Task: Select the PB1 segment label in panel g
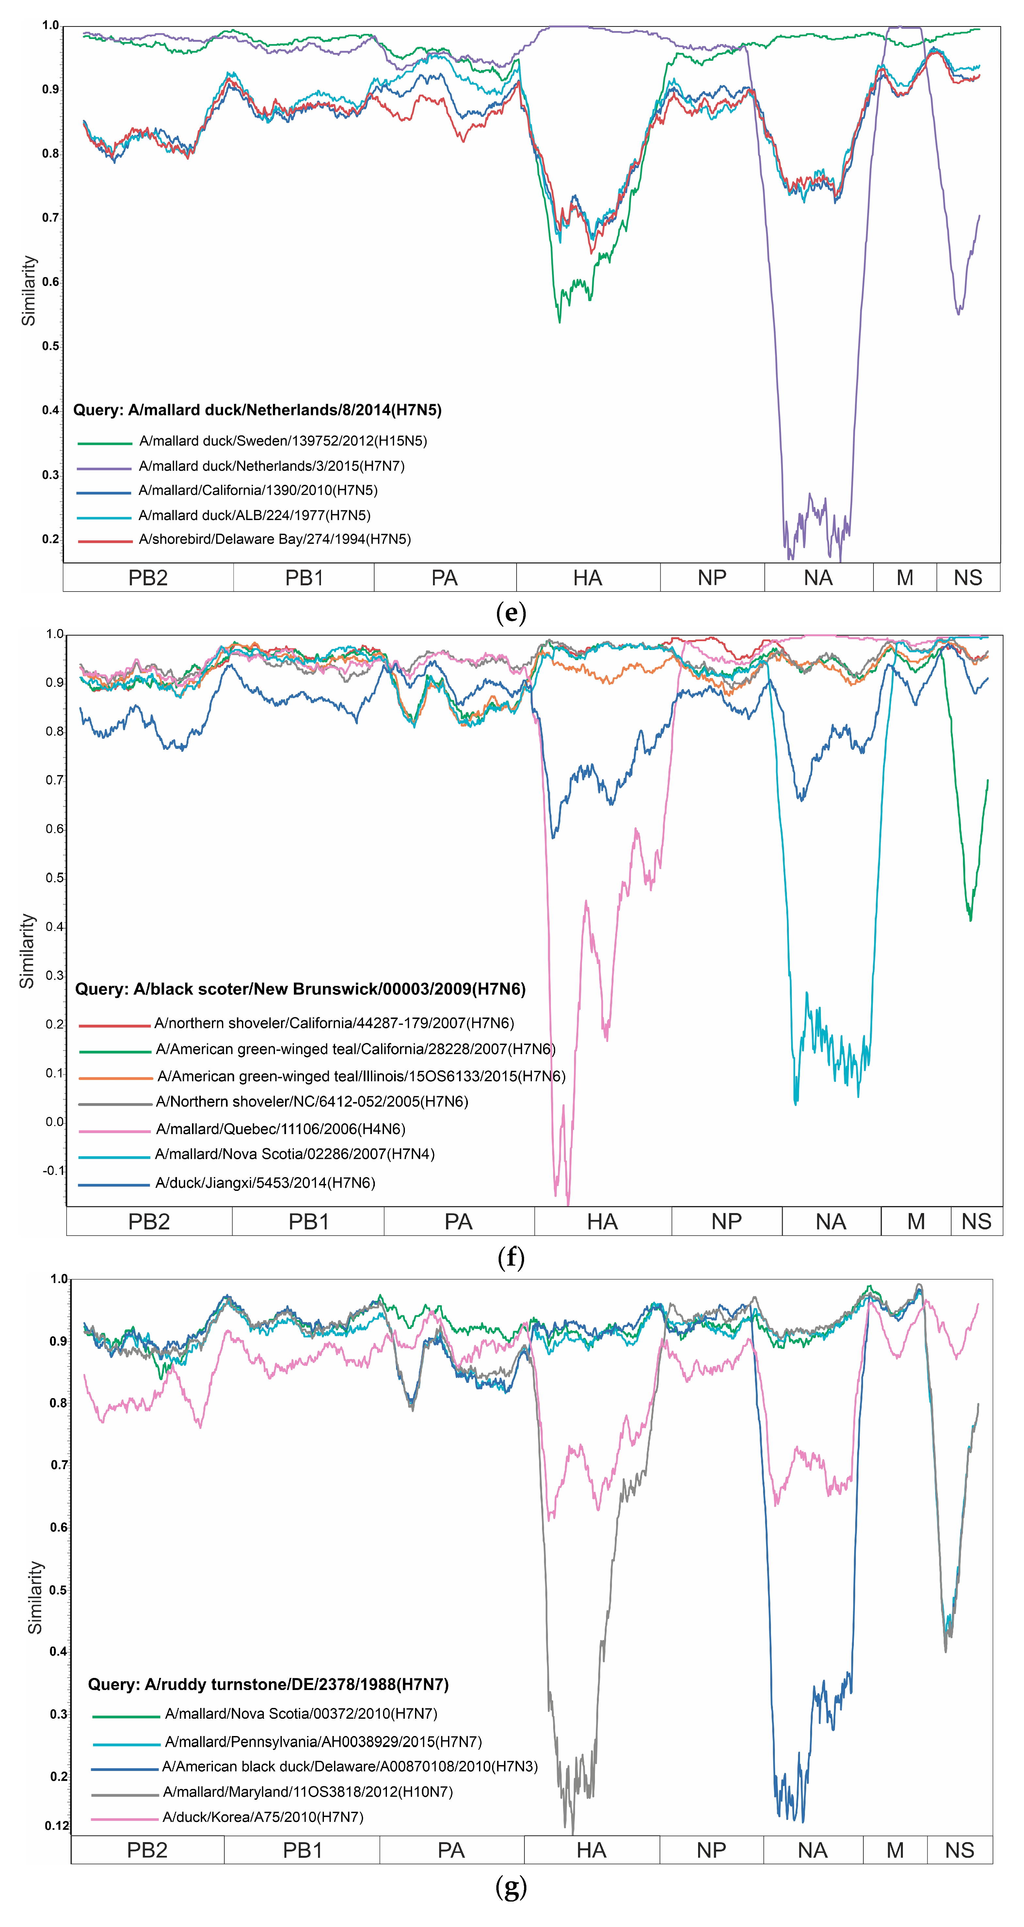coord(302,1850)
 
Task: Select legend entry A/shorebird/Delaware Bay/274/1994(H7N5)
coord(275,539)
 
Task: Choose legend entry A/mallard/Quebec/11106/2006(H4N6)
coord(280,1129)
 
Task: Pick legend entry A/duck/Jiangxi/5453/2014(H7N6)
coord(265,1183)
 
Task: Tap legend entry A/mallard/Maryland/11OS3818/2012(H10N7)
coord(307,1792)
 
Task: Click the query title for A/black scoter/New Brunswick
coord(300,989)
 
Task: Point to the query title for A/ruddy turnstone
coord(268,1684)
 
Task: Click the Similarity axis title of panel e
coord(28,290)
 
